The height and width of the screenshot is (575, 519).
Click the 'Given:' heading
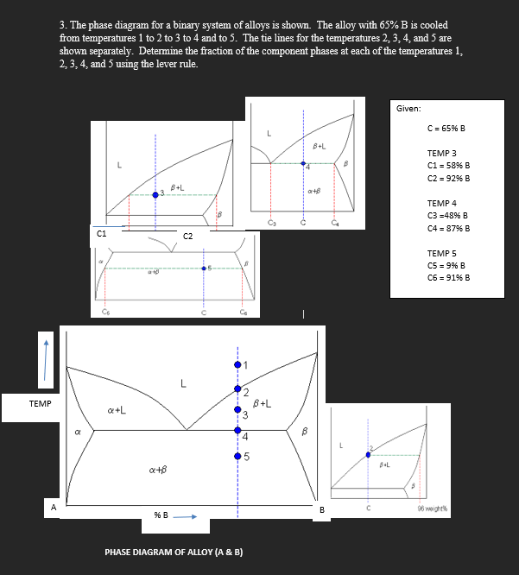(x=409, y=109)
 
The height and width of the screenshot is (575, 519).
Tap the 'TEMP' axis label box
(x=40, y=404)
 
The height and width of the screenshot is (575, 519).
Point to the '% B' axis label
(x=161, y=516)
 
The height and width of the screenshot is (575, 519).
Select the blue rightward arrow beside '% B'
(x=190, y=517)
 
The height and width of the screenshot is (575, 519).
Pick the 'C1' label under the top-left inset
(x=102, y=232)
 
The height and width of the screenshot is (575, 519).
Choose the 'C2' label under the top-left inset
(x=187, y=236)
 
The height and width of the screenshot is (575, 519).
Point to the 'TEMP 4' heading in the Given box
(x=441, y=203)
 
